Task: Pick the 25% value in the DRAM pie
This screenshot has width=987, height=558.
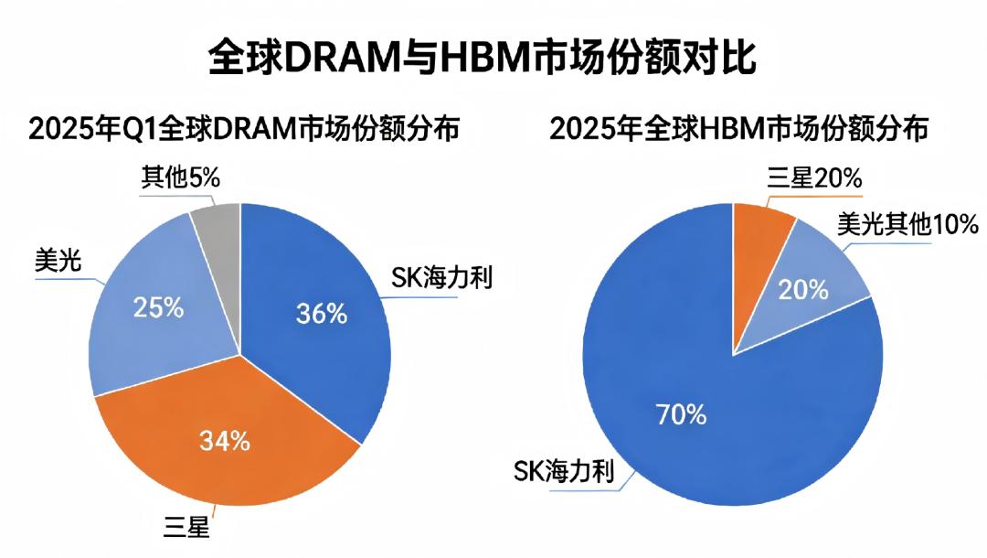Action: coord(158,307)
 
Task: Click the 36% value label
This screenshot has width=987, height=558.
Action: coord(322,314)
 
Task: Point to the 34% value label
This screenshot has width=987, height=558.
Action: coord(225,441)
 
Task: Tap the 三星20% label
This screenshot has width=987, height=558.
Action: coord(814,178)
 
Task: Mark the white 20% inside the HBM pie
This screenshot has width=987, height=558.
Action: coord(803,290)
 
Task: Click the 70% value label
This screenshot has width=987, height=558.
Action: coord(681,414)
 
